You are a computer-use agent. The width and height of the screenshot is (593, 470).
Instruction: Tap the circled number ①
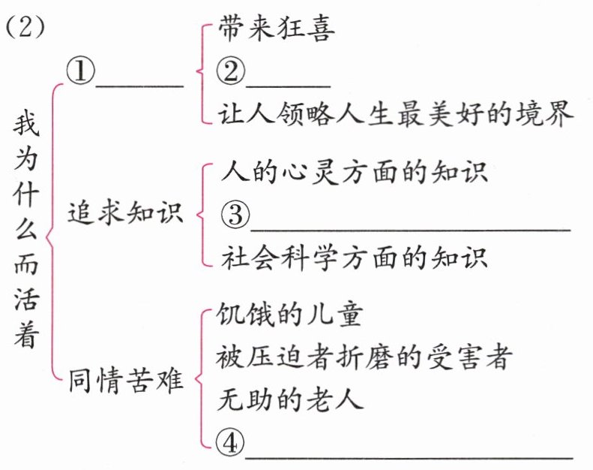click(80, 72)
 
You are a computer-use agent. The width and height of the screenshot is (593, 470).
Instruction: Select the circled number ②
click(231, 72)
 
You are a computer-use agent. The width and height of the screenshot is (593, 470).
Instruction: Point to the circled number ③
click(234, 215)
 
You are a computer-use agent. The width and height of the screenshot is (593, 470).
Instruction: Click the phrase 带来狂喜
click(277, 29)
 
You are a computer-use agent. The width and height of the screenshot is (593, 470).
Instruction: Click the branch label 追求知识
click(125, 213)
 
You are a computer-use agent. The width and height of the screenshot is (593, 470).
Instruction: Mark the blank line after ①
click(139, 84)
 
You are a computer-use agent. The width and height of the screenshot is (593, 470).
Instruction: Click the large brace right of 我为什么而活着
click(51, 233)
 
